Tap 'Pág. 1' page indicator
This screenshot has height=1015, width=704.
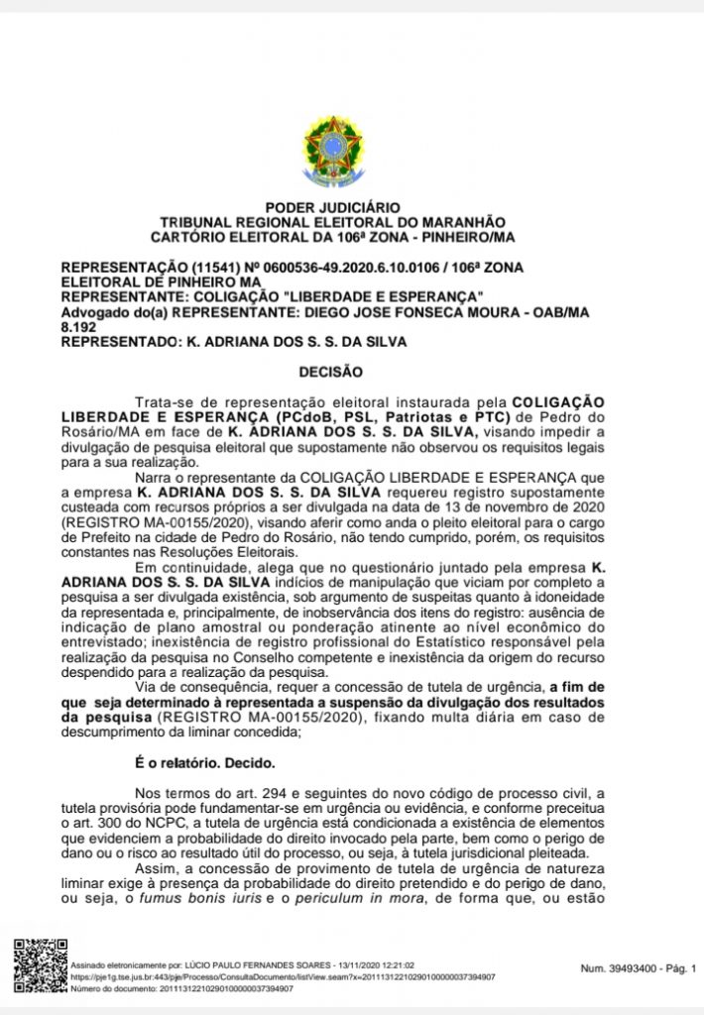click(x=679, y=967)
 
